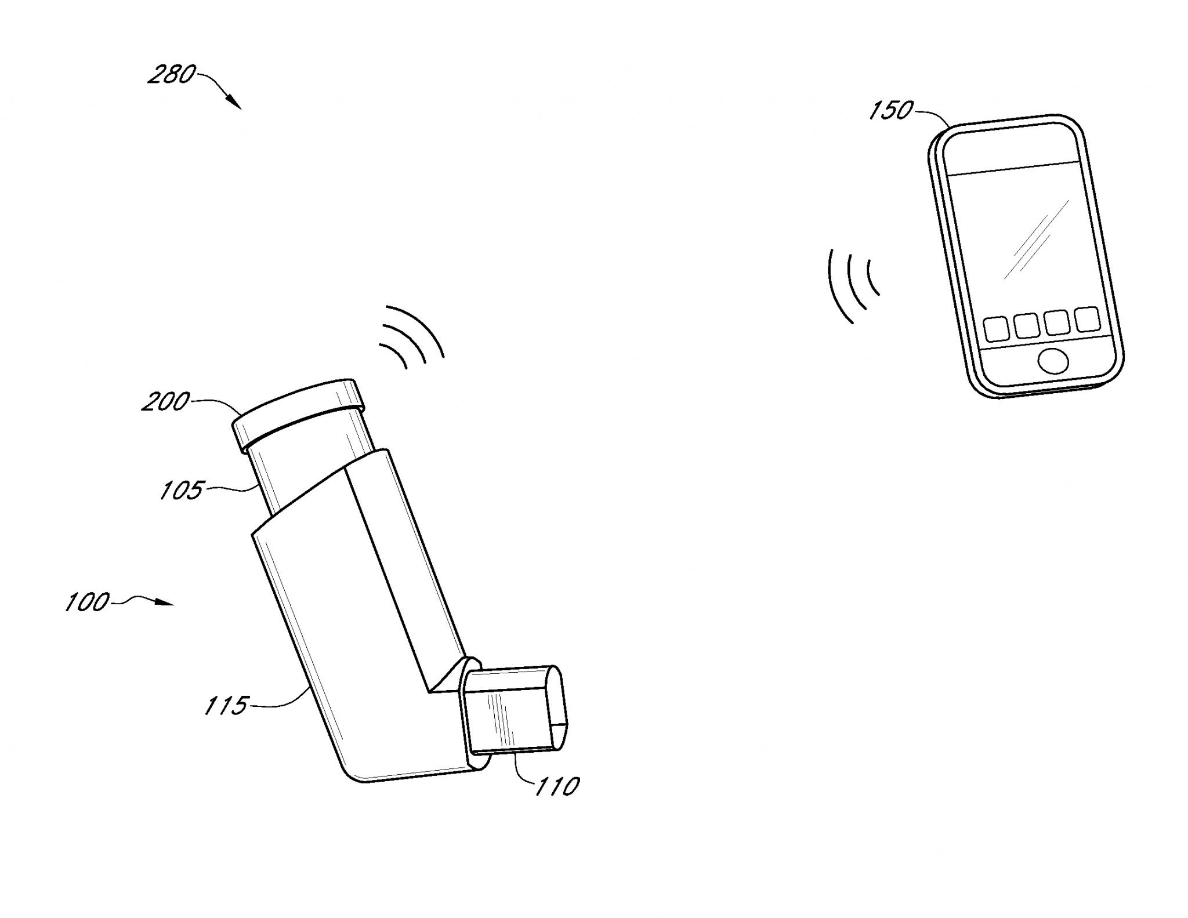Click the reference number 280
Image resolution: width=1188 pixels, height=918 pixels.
172,75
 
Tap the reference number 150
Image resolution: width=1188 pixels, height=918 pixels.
891,110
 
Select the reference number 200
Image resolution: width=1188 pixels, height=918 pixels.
166,401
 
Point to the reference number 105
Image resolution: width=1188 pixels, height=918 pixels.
182,490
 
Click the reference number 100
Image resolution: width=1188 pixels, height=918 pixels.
87,602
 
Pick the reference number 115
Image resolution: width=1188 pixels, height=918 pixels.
226,705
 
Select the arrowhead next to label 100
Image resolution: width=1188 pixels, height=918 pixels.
166,604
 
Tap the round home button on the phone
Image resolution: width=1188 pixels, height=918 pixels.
1053,361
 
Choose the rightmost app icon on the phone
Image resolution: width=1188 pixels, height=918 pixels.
1086,319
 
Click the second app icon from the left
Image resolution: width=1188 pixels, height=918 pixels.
1027,325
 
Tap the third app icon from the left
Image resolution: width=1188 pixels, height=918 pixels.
1057,322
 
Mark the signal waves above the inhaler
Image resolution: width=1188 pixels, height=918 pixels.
412,336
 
